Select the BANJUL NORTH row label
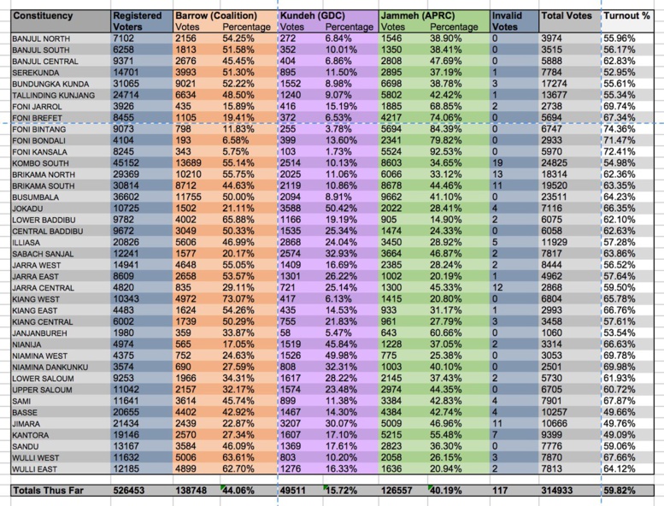[x=42, y=39]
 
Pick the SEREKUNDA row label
[x=38, y=72]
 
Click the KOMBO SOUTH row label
[x=42, y=162]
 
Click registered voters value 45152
[x=129, y=162]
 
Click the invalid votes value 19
[x=498, y=162]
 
